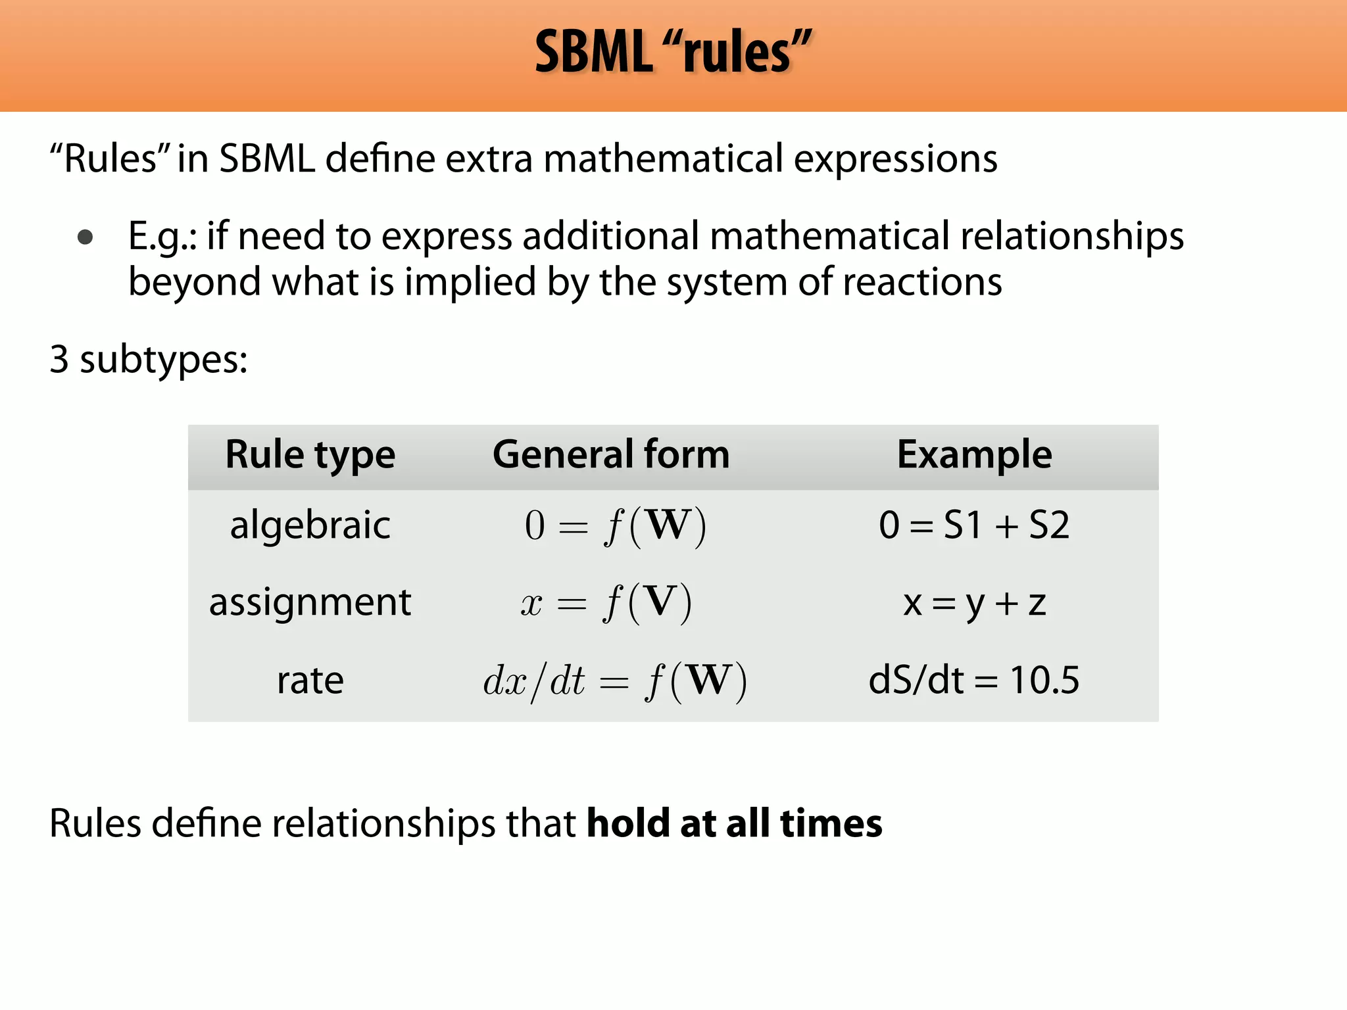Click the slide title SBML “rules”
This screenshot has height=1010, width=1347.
pos(673,53)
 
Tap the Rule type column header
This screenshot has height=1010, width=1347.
pos(310,455)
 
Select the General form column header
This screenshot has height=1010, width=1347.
pos(611,455)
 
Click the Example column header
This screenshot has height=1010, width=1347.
pos(974,455)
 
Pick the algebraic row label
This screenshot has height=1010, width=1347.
pos(310,525)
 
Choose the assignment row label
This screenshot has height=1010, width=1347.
pos(310,602)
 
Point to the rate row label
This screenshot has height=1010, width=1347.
pos(310,680)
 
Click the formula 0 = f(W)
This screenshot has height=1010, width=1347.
pos(615,527)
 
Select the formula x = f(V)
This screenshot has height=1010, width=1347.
pos(606,603)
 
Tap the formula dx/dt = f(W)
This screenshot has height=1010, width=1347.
pos(615,681)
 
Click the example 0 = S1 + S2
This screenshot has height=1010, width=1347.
pos(974,525)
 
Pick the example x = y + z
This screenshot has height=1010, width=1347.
pos(974,603)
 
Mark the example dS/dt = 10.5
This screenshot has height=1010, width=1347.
pos(974,680)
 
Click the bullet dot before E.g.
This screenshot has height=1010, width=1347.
pos(85,237)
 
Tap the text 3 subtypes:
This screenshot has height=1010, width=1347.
pos(149,360)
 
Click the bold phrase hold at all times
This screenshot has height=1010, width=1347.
pos(734,823)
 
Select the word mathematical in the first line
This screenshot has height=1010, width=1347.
pos(663,159)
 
